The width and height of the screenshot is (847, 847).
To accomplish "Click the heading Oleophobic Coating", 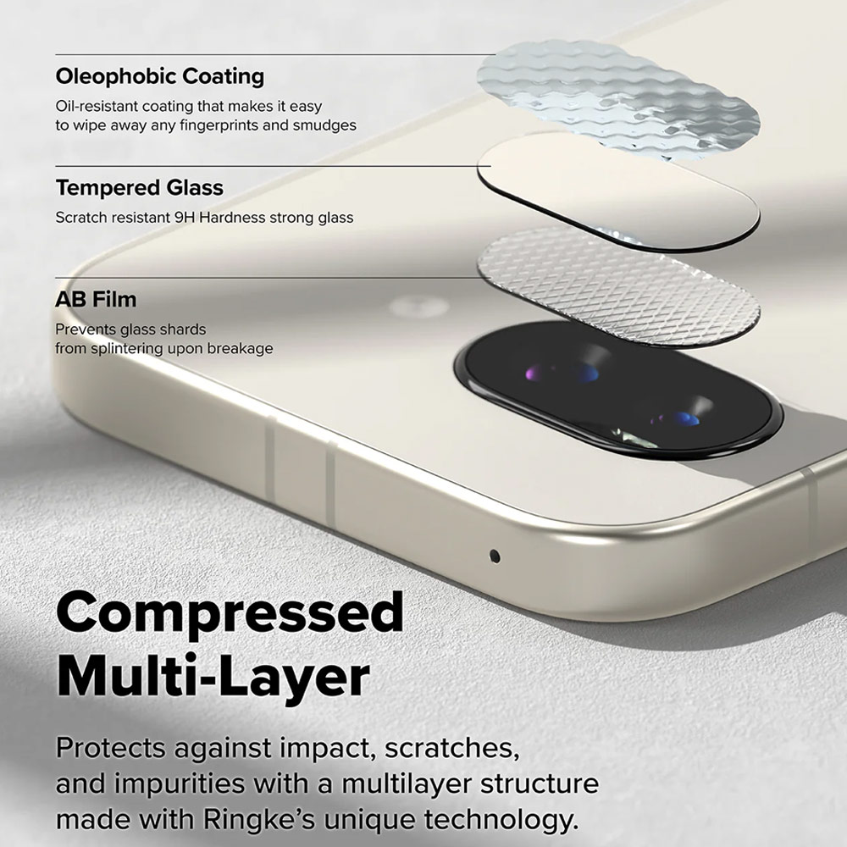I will pyautogui.click(x=159, y=76).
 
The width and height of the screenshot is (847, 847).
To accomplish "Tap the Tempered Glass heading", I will pyautogui.click(x=139, y=187).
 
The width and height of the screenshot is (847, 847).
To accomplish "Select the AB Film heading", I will pyautogui.click(x=96, y=299).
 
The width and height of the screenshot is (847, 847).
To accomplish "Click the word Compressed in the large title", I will pyautogui.click(x=230, y=614).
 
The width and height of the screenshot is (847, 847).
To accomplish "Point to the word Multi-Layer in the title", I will pyautogui.click(x=213, y=678).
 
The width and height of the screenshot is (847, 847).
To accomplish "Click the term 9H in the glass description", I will pyautogui.click(x=184, y=218).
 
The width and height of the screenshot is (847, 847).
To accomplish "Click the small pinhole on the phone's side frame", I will pyautogui.click(x=495, y=556).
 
